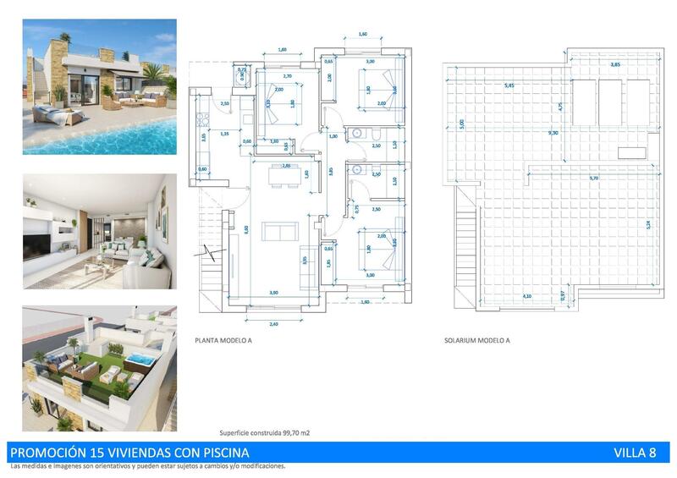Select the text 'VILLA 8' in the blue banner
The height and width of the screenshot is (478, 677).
(x=635, y=453)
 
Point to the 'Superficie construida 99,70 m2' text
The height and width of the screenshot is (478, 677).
(x=265, y=432)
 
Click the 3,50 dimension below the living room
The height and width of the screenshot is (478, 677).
(x=273, y=292)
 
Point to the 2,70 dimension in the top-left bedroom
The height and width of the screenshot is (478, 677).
(x=286, y=77)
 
